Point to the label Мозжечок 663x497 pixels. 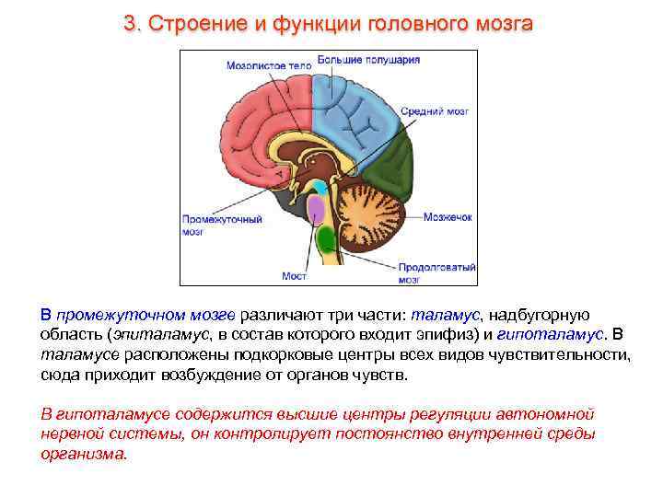(x=448, y=217)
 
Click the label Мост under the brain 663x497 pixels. (x=294, y=275)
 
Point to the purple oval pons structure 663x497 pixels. (x=317, y=209)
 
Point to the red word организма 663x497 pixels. (x=84, y=454)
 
